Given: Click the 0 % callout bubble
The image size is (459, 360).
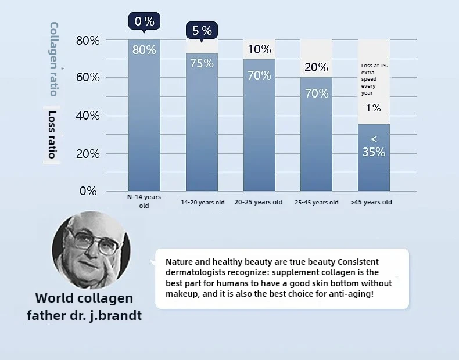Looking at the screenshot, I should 144,21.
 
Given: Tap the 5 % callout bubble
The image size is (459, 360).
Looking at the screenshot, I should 202,31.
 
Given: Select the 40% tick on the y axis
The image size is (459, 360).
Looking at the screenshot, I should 88,116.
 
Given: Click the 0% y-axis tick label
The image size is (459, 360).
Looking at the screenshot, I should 88,191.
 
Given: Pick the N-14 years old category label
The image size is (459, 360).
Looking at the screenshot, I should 144,201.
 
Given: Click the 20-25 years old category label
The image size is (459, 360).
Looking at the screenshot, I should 259,202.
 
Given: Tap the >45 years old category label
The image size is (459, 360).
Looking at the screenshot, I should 371,202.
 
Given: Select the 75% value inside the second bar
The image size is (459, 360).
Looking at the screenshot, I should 202,63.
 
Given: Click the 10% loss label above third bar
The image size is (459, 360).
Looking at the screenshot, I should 259,49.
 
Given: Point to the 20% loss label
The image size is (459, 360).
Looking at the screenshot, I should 316,67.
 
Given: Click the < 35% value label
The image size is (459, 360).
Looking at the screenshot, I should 374,146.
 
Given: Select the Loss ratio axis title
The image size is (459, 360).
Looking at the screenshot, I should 52,134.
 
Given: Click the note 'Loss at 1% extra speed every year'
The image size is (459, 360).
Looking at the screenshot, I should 374,79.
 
